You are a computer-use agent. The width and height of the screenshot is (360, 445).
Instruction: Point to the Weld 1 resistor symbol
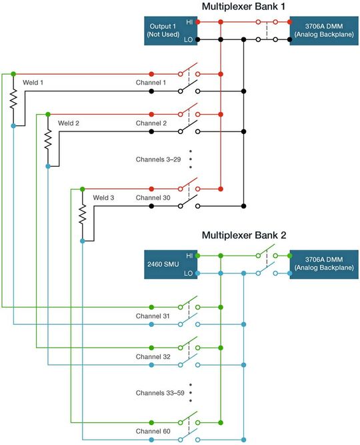tap(13, 99)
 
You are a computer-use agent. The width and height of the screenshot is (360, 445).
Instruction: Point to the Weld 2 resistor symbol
tap(47, 139)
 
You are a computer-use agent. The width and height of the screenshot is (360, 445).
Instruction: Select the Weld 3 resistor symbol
tap(82, 214)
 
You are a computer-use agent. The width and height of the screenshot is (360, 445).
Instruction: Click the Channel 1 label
tap(151, 82)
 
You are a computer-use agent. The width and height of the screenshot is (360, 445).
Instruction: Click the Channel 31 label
tap(153, 316)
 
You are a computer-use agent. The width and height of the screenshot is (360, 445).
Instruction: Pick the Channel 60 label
tap(153, 431)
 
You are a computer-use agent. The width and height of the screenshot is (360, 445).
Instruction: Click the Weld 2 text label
tap(69, 123)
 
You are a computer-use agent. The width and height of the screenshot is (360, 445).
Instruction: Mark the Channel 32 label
tap(153, 356)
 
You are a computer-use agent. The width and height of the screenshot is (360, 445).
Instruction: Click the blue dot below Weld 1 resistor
tap(13, 125)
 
